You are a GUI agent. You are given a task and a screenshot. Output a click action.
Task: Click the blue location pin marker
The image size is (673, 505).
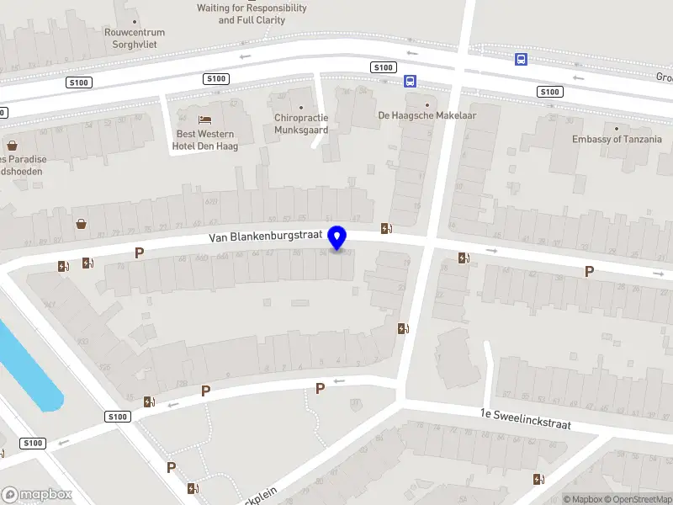point(338,238)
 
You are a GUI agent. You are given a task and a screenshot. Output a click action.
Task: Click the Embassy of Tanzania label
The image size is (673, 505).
point(617,140)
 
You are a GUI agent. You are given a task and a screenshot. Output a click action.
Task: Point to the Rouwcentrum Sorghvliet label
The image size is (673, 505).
point(135,38)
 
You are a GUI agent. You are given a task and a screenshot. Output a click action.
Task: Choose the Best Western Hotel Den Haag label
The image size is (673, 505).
point(206,140)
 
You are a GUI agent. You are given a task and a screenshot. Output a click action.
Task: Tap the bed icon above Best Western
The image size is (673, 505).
point(205,120)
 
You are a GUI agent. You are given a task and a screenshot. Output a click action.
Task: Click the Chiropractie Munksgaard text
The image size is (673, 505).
point(301,124)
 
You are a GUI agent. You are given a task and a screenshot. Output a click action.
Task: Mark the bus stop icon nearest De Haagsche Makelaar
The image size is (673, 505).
point(410,82)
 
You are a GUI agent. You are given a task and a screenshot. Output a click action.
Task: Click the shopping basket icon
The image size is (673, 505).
point(82,224)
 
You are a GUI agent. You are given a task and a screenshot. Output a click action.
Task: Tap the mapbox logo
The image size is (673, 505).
point(36,495)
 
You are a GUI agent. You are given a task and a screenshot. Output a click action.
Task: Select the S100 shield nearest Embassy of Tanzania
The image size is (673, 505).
point(550,92)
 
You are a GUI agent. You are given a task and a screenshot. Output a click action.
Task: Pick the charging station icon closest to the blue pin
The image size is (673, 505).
point(386,227)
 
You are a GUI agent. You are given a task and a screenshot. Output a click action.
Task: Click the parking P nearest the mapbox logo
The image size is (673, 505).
point(171,468)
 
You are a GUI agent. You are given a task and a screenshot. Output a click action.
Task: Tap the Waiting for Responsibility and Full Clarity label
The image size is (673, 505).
point(252,13)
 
